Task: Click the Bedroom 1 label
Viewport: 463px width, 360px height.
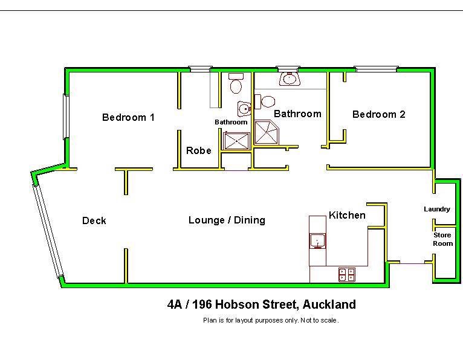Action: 128,117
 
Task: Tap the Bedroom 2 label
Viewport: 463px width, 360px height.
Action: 379,114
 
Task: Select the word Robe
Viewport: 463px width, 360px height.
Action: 199,150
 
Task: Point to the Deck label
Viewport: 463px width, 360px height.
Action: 94,220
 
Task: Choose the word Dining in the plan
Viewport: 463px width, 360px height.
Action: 250,220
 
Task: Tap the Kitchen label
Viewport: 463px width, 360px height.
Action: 347,215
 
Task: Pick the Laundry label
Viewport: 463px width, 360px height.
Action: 437,209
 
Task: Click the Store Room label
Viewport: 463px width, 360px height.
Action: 442,239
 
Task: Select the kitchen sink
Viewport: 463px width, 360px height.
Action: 318,241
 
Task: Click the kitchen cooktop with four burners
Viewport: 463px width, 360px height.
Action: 347,274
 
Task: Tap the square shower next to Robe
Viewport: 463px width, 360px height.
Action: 237,141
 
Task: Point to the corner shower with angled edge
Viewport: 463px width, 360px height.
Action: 267,132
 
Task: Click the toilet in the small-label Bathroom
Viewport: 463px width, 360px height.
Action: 236,83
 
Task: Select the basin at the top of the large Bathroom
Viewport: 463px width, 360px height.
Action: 290,79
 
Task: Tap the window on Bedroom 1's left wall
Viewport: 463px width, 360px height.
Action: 66,117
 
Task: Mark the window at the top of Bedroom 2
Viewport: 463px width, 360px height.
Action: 376,69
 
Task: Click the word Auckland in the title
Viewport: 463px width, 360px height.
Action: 329,304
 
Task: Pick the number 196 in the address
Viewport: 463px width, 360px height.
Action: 202,304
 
